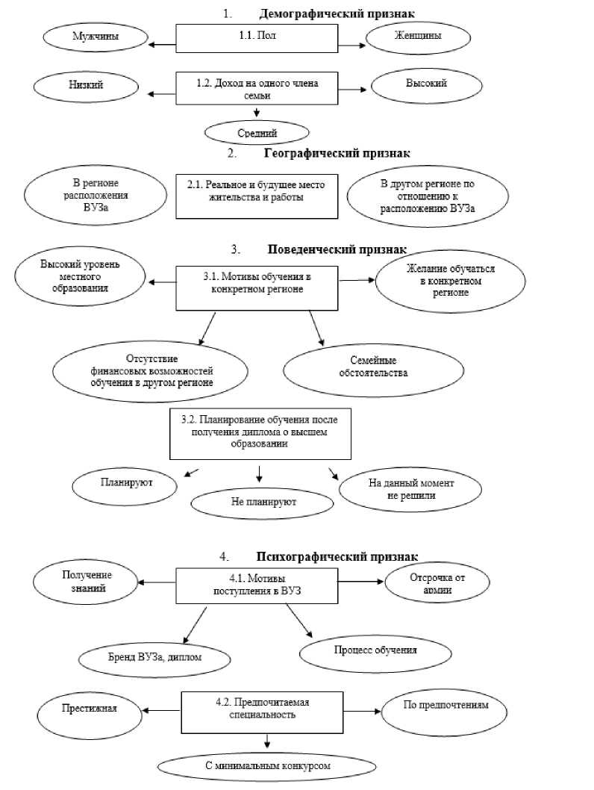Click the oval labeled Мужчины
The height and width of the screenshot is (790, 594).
click(x=96, y=36)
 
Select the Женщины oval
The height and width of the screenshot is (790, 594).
click(x=416, y=36)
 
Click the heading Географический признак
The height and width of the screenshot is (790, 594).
click(x=337, y=153)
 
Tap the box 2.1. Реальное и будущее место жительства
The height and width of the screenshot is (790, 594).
click(x=256, y=196)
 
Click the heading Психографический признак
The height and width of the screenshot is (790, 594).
click(x=337, y=556)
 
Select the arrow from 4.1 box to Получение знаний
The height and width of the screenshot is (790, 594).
click(x=158, y=582)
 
